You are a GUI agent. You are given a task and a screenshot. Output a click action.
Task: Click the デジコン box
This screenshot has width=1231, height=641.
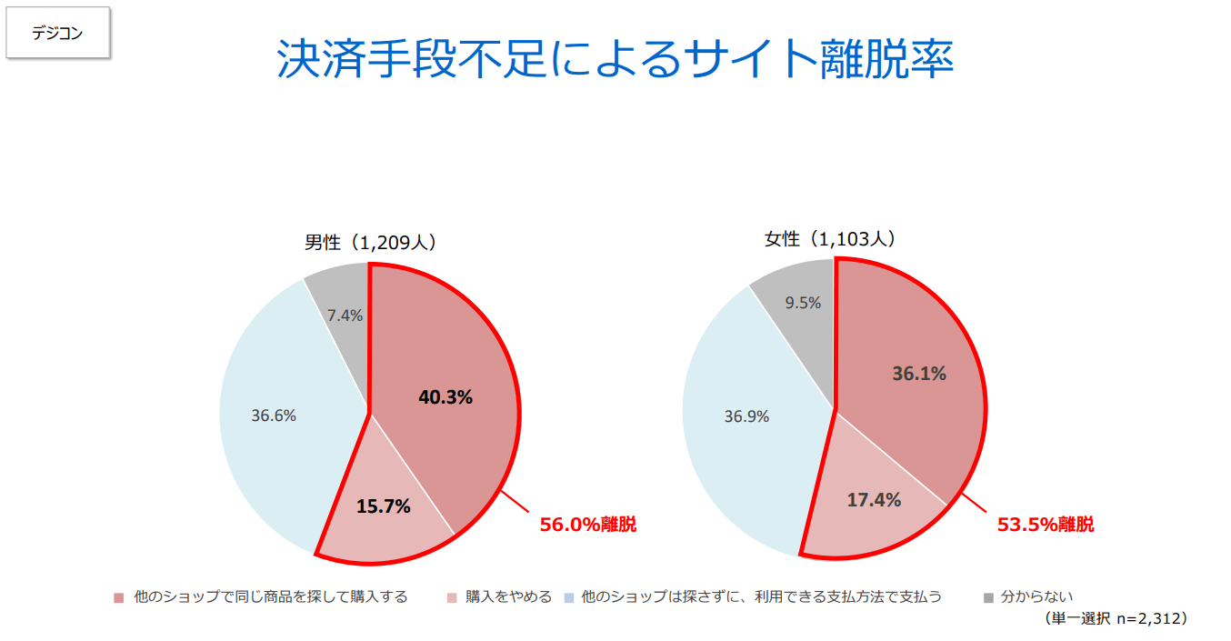[57, 35]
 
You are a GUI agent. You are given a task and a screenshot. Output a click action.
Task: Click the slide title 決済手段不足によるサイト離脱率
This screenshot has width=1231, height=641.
[615, 60]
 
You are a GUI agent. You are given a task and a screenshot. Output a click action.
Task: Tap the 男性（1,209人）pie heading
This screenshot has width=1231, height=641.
[371, 243]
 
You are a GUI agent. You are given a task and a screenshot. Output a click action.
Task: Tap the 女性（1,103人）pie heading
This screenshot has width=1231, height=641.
[830, 239]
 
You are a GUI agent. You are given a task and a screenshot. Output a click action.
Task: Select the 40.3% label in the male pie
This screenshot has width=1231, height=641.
[445, 397]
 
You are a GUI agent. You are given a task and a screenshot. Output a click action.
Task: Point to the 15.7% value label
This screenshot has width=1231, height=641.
[383, 506]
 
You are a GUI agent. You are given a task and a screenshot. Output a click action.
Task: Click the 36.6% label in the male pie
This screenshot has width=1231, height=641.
[274, 416]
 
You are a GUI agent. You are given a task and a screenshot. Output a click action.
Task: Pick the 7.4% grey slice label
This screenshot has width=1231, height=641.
[345, 315]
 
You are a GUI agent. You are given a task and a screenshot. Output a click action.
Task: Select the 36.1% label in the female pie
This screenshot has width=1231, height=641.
[919, 373]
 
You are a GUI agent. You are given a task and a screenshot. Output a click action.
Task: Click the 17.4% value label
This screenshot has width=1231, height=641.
[874, 499]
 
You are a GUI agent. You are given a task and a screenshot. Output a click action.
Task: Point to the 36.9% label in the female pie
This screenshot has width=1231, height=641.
[746, 416]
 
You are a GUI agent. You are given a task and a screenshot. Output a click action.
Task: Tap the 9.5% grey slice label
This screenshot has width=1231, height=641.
[803, 303]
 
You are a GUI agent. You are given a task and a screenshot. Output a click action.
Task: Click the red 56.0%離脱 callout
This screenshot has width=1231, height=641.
[588, 525]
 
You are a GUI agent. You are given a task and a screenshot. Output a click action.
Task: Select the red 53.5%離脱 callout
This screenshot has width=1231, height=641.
[1046, 525]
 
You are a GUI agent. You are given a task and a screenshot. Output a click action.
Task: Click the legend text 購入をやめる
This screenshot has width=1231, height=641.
[508, 597]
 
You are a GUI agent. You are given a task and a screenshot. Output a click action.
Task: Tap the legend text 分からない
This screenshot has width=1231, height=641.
[1036, 597]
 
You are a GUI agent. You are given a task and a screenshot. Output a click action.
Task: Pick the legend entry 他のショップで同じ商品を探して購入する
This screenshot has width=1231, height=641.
[270, 597]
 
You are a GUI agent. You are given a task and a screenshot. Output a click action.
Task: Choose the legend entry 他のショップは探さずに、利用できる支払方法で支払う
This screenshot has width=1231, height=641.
[761, 597]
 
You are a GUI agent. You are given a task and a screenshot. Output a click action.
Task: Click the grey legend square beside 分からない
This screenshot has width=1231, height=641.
[988, 598]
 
